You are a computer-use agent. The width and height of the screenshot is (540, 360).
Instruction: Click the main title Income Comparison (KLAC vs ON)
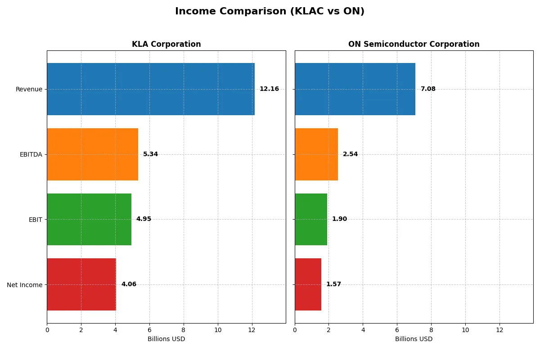tap(270, 12)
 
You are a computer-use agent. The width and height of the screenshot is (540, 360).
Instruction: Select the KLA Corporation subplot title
tap(166, 44)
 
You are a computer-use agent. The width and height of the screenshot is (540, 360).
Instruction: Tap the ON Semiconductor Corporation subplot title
tap(414, 44)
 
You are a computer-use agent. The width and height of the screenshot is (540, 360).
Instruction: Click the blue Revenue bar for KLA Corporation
tap(151, 89)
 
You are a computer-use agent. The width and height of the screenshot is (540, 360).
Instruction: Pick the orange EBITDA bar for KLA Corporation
tap(92, 154)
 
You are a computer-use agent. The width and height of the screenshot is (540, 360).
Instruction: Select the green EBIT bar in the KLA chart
tap(89, 219)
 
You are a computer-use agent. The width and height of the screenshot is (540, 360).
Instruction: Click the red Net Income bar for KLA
tap(81, 284)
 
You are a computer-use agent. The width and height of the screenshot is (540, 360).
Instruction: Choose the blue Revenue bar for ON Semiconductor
tap(355, 89)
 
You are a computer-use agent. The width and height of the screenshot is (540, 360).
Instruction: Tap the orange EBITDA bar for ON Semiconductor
tap(316, 154)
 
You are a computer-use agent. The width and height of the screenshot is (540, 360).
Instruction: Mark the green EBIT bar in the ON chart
tap(311, 219)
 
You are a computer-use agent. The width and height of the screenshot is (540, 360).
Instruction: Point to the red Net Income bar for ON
tap(308, 284)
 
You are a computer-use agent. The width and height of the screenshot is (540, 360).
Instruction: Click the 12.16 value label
tap(269, 89)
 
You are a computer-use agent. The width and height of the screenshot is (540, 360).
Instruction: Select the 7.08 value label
tap(428, 89)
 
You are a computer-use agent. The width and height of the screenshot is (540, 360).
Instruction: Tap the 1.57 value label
tap(333, 284)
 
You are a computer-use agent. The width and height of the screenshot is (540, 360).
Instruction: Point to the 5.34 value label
tap(150, 154)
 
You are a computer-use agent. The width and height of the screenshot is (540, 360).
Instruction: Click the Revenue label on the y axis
tap(29, 89)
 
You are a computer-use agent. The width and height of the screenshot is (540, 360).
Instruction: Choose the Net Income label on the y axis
tap(25, 285)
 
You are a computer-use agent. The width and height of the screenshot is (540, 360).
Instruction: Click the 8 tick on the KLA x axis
tap(184, 330)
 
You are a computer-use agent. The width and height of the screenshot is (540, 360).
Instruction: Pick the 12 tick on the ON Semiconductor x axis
tap(499, 330)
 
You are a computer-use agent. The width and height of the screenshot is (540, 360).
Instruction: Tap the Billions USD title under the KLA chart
tap(166, 339)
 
